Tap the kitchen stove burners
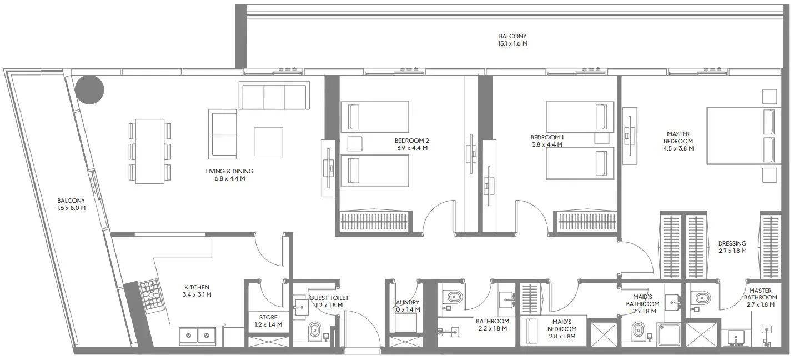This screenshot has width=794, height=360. pyautogui.click(x=149, y=296)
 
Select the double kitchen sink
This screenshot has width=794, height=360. pyautogui.click(x=198, y=336)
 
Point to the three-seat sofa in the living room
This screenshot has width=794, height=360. pyautogui.click(x=274, y=96)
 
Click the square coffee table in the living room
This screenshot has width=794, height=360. pyautogui.click(x=268, y=142)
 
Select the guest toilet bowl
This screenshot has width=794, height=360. pyautogui.click(x=314, y=331)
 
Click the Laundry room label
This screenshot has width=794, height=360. pyautogui.click(x=405, y=302)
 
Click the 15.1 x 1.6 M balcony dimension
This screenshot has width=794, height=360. pyautogui.click(x=512, y=43)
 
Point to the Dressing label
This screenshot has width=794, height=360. pyautogui.click(x=732, y=243)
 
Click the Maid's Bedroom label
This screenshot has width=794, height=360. pyautogui.click(x=564, y=322)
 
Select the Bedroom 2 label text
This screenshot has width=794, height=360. pyautogui.click(x=411, y=141)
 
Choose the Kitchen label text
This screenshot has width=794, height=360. pyautogui.click(x=197, y=287)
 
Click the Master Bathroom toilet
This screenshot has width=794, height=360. pyautogui.click(x=701, y=299)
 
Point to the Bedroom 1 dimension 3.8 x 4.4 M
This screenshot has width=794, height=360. pyautogui.click(x=546, y=144)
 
